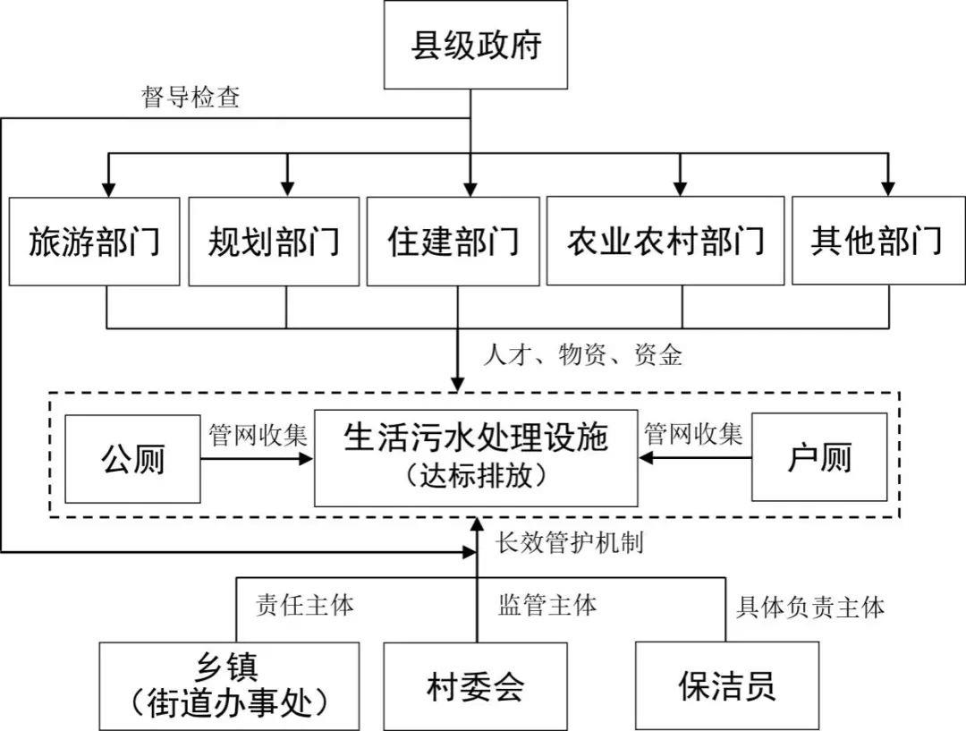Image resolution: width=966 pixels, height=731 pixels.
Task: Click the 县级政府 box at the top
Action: coord(475,46)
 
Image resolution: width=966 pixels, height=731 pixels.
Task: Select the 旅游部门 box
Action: coord(94,242)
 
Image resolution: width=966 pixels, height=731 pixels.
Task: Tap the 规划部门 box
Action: coord(274,242)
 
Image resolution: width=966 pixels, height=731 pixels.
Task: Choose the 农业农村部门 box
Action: coord(665,242)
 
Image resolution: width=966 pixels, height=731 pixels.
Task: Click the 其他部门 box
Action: coord(876,242)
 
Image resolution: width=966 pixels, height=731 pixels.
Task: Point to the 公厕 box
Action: coord(132,457)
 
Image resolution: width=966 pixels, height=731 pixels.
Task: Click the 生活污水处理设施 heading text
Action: coord(475,438)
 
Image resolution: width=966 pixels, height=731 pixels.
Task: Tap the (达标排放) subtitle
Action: coord(475,476)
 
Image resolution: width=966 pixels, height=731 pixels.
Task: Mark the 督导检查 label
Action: coord(191,98)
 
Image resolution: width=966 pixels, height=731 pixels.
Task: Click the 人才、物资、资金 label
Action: coord(582,355)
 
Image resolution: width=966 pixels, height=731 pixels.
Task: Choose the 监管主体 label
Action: coord(547,605)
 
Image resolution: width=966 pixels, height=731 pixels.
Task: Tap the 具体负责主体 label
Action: coord(810,608)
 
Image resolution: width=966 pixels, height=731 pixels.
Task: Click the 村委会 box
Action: coord(475,686)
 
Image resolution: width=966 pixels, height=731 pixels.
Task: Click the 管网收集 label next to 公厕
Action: coord(258,436)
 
